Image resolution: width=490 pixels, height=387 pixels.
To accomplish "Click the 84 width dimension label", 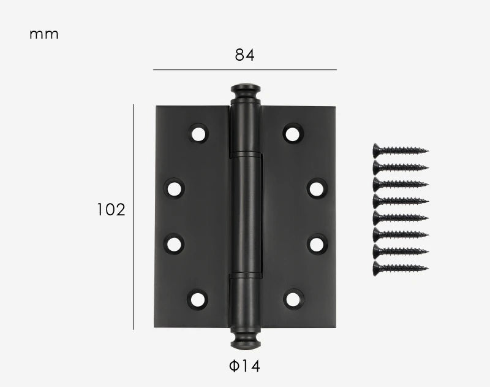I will click(244, 55).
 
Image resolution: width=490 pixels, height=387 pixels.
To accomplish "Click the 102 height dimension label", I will click(111, 210).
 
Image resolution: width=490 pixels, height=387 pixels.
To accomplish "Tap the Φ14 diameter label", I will click(244, 366).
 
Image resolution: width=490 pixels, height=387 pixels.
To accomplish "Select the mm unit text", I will click(44, 34).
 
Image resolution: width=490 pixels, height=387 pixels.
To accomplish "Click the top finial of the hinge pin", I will click(246, 92).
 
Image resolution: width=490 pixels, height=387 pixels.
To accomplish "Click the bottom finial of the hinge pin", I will click(245, 338).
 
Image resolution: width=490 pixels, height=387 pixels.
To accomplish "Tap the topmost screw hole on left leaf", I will click(198, 133).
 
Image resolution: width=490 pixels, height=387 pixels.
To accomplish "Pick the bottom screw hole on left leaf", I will click(197, 299).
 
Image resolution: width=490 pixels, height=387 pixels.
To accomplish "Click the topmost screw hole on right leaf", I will click(293, 133).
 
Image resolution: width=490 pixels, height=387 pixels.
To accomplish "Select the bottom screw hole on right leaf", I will click(293, 299).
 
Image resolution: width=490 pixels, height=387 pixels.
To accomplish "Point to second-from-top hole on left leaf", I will click(175, 188).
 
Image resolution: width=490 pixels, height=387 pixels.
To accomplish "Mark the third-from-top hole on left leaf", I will click(175, 244).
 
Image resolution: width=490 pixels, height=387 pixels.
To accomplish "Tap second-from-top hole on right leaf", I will click(317, 188).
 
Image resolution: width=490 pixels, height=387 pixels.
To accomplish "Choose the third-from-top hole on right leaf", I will click(317, 244).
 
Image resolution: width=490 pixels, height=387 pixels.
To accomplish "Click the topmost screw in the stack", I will click(401, 150).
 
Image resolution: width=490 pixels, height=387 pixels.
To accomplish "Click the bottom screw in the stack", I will click(401, 267).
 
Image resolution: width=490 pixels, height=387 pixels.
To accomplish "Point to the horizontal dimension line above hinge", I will click(244, 70).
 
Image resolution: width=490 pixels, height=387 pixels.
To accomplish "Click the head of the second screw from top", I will click(377, 167).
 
